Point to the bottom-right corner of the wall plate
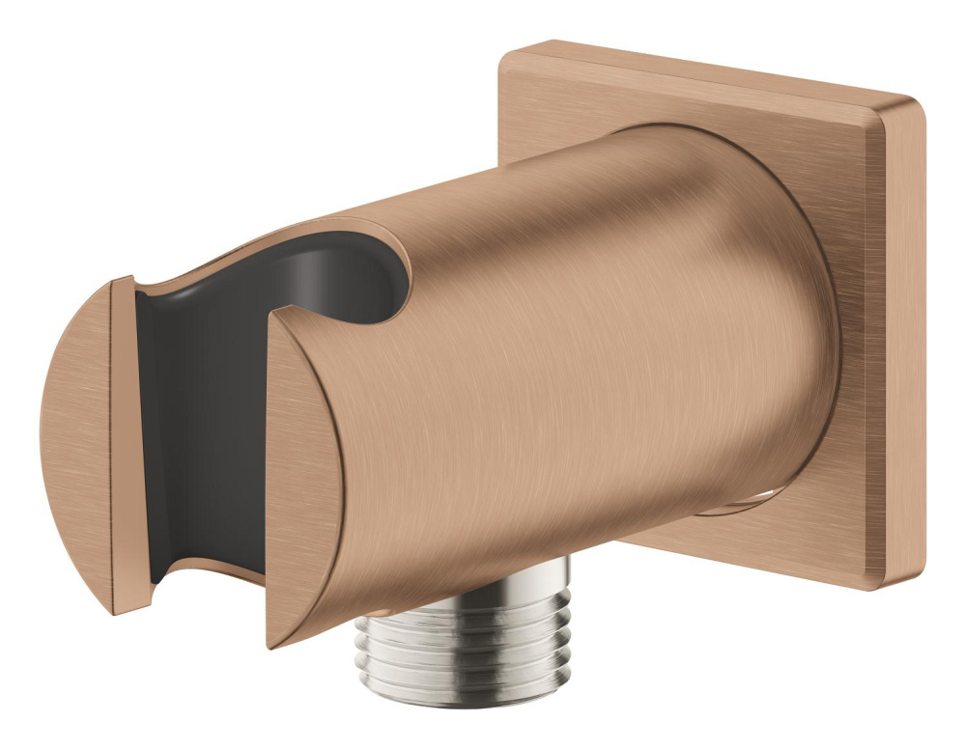(x=908, y=582)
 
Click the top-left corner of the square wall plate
(x=507, y=50)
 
